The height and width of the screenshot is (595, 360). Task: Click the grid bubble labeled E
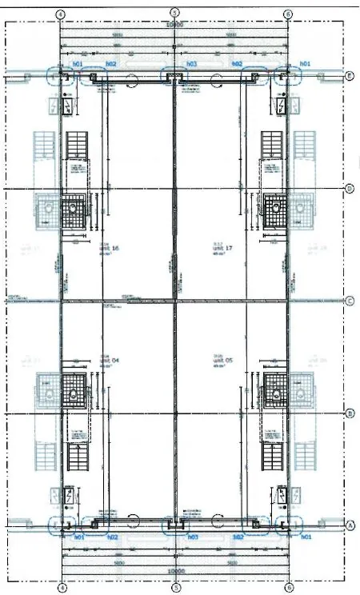pos(350,76)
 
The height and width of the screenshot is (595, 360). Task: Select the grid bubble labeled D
pos(350,189)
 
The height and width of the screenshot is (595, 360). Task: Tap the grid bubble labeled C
pos(350,301)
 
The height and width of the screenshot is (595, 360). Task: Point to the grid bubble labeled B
pos(350,413)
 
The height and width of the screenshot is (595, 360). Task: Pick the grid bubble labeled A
pos(350,526)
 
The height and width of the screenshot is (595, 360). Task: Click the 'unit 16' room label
pos(110,249)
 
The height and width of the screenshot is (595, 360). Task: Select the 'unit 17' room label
pos(222,249)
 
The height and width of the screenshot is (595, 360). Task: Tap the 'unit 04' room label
pos(110,361)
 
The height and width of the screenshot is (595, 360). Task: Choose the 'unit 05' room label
pos(222,361)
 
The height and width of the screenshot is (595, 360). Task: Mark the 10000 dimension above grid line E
pos(174,25)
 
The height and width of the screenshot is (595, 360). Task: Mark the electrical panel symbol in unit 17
pos(282,106)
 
